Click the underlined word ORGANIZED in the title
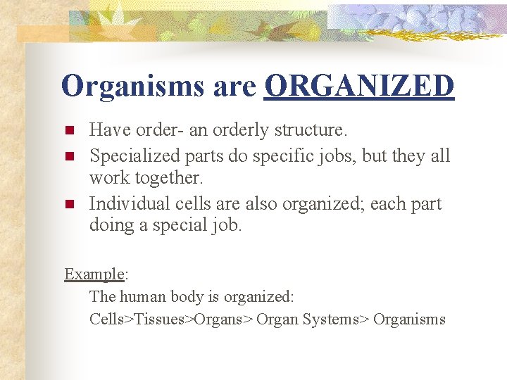pyautogui.click(x=359, y=87)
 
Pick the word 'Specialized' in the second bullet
pyautogui.click(x=134, y=155)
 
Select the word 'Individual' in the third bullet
pyautogui.click(x=125, y=203)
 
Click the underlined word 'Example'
pyautogui.click(x=94, y=274)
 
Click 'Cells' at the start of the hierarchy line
pyautogui.click(x=106, y=319)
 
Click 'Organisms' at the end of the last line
pyautogui.click(x=409, y=319)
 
